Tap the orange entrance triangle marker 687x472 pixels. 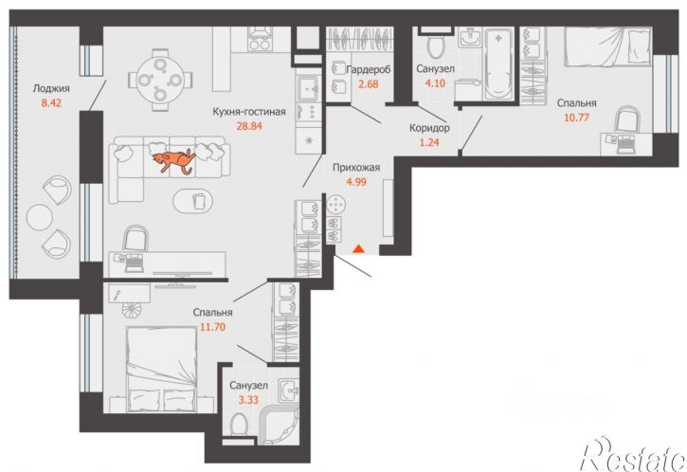(359, 249)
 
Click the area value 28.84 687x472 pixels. (249, 126)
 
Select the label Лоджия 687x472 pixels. (51, 88)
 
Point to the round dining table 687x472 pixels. (159, 80)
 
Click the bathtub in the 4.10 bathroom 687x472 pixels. (498, 64)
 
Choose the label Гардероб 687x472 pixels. (368, 69)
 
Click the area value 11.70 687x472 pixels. (212, 327)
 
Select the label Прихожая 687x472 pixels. (356, 168)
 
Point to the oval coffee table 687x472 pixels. (193, 202)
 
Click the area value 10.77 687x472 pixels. (576, 118)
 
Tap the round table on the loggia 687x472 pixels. (40, 217)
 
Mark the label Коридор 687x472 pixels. (429, 128)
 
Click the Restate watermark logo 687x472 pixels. (632, 454)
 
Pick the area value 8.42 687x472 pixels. (51, 103)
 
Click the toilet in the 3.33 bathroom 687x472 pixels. (239, 425)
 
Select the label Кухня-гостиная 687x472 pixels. (249, 112)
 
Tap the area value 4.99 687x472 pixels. (356, 182)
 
